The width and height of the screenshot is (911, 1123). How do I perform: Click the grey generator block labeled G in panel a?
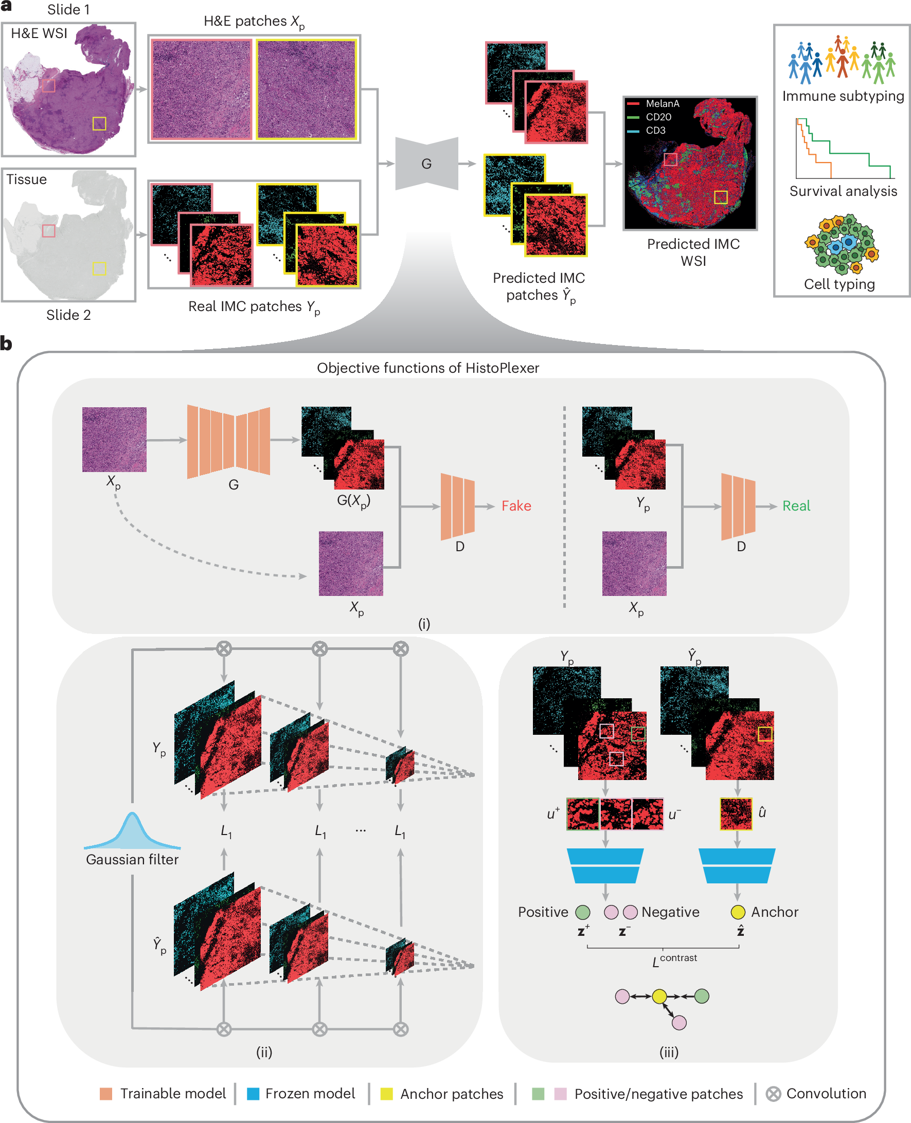coord(426,164)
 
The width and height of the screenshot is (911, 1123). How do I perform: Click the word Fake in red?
coord(516,505)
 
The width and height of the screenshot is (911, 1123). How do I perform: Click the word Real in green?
coord(796,505)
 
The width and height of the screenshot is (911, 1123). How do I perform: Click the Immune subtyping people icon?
coord(842,60)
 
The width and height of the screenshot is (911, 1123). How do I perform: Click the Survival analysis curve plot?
coord(843,149)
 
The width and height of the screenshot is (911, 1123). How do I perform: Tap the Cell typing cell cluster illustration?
coord(842,244)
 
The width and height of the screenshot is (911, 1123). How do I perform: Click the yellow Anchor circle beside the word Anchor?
coord(737,912)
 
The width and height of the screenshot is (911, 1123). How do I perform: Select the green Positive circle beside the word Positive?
coord(582,912)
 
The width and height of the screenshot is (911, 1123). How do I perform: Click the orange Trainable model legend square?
coord(106,1094)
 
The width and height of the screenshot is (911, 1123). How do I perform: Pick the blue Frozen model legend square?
coord(253,1094)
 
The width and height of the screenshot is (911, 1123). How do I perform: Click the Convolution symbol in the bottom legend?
coord(773,1094)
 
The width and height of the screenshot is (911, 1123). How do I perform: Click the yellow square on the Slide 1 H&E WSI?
coord(99,124)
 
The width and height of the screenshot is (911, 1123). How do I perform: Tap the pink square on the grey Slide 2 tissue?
coord(48,231)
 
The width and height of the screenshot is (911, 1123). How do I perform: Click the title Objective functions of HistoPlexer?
coord(427,368)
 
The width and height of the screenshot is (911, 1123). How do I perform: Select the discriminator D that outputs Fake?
coord(457,506)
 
